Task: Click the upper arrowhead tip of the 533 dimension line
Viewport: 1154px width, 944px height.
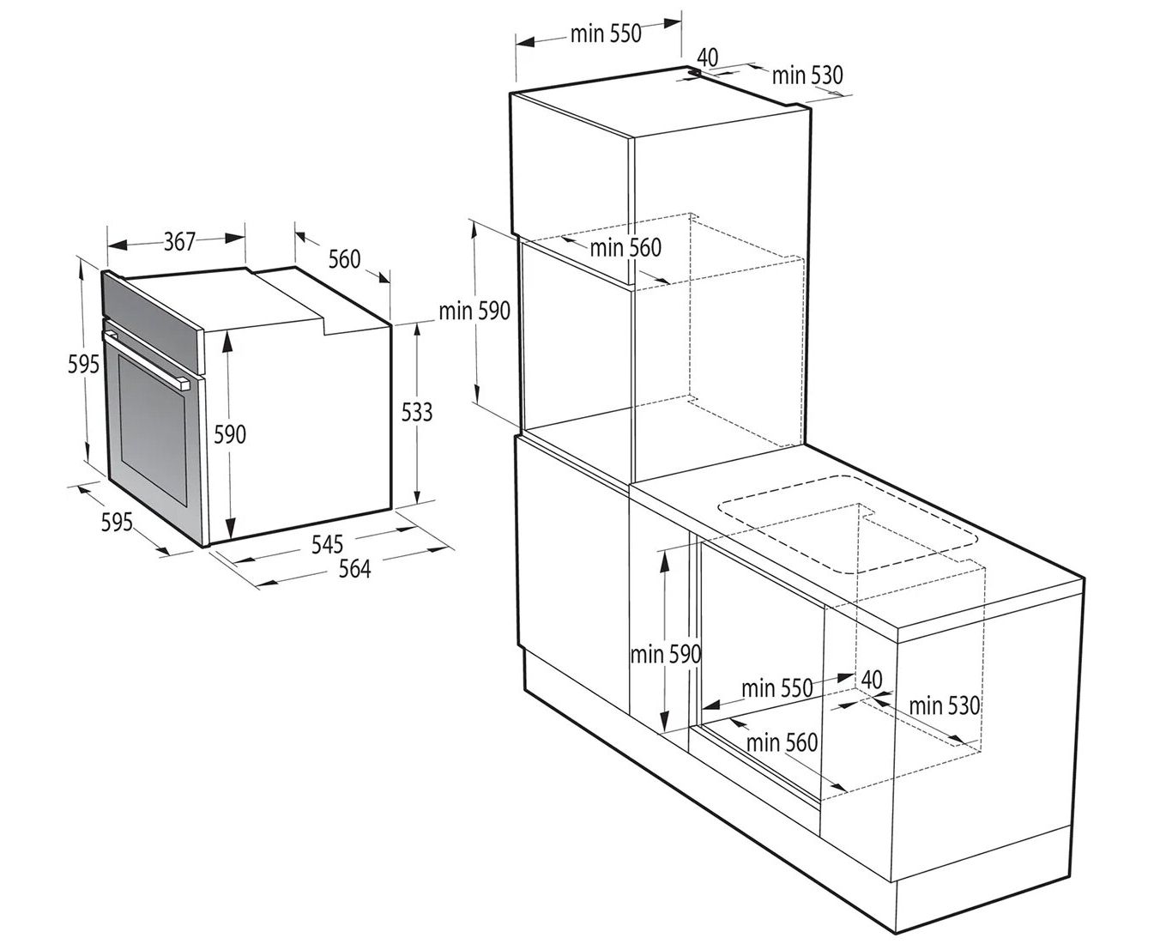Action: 417,323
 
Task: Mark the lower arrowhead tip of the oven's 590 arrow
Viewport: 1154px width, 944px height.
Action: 230,540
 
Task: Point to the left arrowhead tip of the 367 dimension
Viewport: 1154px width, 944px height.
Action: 108,245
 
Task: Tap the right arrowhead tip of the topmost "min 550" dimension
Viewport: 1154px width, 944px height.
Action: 681,23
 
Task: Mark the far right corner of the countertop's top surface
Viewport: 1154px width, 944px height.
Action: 1084,577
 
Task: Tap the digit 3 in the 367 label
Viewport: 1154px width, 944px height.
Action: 169,241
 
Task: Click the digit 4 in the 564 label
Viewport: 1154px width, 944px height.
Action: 365,569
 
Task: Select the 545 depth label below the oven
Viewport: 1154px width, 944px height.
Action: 327,544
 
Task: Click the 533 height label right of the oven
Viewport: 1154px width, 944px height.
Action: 417,412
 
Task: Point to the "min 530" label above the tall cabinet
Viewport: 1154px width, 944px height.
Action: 807,76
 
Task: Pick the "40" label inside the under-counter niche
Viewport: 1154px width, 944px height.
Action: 872,680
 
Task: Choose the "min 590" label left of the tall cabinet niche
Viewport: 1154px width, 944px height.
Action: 474,311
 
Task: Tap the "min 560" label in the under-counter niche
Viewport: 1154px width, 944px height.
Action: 782,743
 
